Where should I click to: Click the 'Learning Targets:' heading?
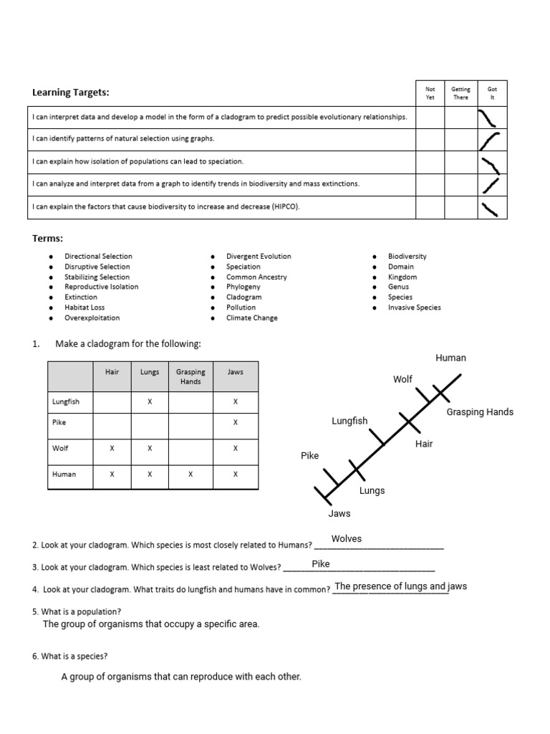coord(71,92)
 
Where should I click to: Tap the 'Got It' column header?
coord(492,93)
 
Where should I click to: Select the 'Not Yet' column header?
coord(430,93)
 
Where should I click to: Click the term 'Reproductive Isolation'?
coord(101,287)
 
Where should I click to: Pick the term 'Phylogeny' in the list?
coord(243,287)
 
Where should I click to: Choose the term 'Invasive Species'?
coord(414,308)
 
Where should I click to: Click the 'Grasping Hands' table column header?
coord(190,376)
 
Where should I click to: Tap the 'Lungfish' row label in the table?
coord(66,401)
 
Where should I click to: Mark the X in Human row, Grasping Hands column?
coord(190,475)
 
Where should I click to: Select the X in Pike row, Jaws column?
coord(236,423)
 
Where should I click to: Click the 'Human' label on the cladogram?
coord(450,358)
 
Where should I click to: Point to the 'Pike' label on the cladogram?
coord(309,455)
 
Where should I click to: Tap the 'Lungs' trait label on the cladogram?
coord(372,491)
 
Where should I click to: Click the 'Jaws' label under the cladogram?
coord(339,513)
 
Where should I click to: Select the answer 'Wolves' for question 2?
coord(347,539)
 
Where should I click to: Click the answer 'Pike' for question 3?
coord(321,564)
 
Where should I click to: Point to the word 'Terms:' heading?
coord(48,238)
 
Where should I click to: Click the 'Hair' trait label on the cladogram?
coord(424,444)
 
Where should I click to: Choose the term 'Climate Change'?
coord(251,318)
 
